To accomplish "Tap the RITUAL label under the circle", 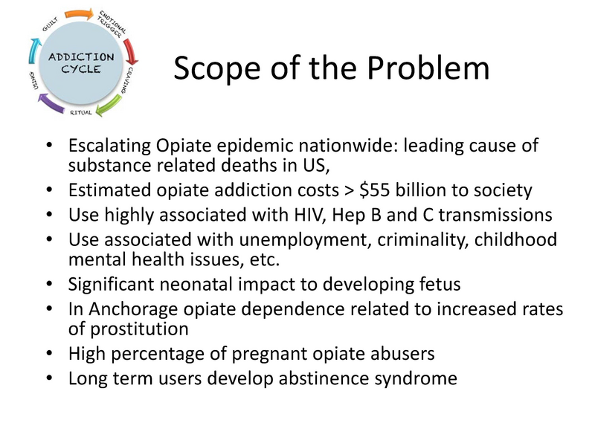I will pyautogui.click(x=81, y=112).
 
